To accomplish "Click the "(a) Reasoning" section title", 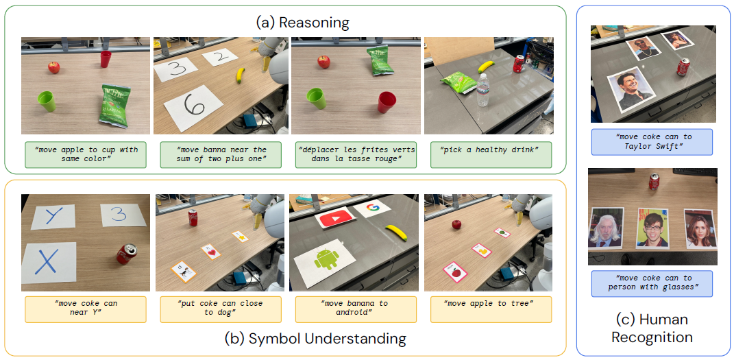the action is [302, 23].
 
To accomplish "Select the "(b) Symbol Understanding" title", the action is [315, 338].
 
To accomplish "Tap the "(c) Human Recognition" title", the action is [652, 328].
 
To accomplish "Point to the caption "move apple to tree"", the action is [489, 303].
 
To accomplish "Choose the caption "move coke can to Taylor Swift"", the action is [651, 141].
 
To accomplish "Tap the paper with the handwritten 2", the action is [220, 58].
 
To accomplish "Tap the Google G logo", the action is [373, 207].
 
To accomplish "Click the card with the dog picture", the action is [184, 272].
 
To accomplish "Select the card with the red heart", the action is [210, 252].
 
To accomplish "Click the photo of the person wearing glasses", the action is [652, 228].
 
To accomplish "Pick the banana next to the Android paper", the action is [396, 233].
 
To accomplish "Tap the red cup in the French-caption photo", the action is [387, 103].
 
